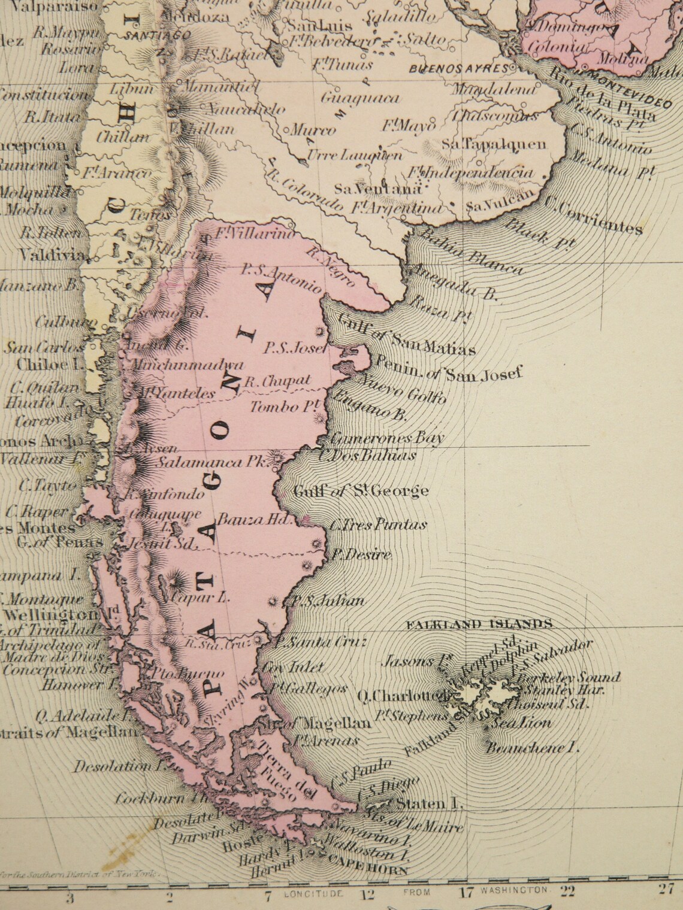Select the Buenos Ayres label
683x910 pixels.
[x=459, y=68]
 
